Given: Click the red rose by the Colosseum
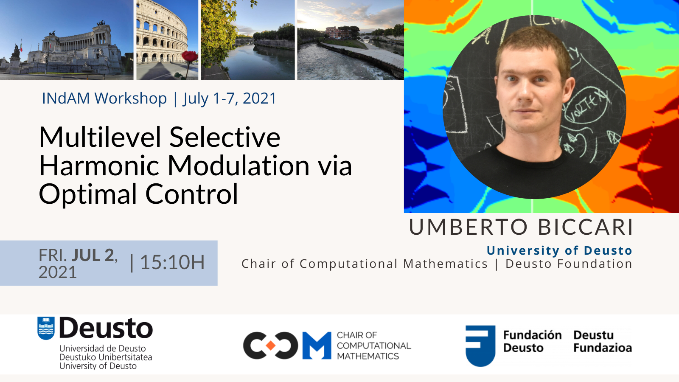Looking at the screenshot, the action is pyautogui.click(x=189, y=56).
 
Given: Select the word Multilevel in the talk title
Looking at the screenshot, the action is pyautogui.click(x=100, y=137).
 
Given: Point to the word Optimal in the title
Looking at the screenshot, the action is pyautogui.click(x=88, y=195).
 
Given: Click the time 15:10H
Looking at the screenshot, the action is pyautogui.click(x=172, y=263).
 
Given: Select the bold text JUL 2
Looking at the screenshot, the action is pyautogui.click(x=93, y=255).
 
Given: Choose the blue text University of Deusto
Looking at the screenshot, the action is pyautogui.click(x=559, y=251).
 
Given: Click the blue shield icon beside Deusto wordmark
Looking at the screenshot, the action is pyautogui.click(x=46, y=328).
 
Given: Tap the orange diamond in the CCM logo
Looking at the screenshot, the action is pyautogui.click(x=270, y=345).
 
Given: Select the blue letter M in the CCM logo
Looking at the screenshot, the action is pyautogui.click(x=317, y=345).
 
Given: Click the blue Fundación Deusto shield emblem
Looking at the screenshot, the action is pyautogui.click(x=480, y=345).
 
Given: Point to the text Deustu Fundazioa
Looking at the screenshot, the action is pyautogui.click(x=603, y=341).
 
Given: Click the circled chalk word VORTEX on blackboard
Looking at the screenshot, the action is pyautogui.click(x=587, y=108).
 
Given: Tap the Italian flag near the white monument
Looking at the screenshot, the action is pyautogui.click(x=21, y=46).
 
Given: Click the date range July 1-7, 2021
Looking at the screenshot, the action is pyautogui.click(x=230, y=98).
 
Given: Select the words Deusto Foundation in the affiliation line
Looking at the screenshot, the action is pyautogui.click(x=569, y=264).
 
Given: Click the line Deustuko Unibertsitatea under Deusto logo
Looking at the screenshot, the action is pyautogui.click(x=106, y=357).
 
